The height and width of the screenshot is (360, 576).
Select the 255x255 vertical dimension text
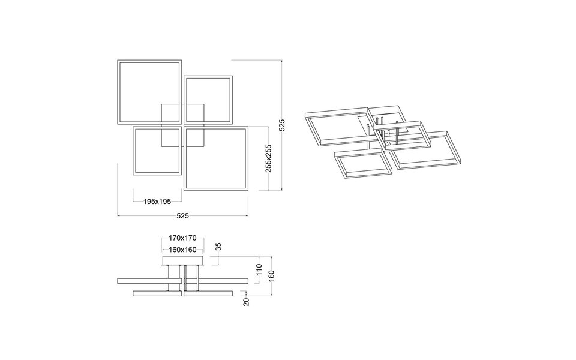click(269, 158)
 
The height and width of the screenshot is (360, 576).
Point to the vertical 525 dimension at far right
click(282, 125)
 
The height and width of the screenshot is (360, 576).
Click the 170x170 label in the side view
click(182, 238)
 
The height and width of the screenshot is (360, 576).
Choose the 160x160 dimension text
click(182, 250)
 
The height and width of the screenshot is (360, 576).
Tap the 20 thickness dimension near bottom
click(246, 301)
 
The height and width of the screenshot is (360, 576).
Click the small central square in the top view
click(182, 125)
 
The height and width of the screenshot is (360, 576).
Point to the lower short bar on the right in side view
click(208, 293)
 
